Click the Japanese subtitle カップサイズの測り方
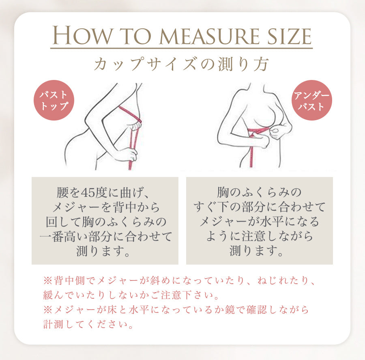181,64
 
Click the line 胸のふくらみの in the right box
259,191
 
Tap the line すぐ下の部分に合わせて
259,207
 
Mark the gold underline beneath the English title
181,48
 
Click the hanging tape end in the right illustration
253,160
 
